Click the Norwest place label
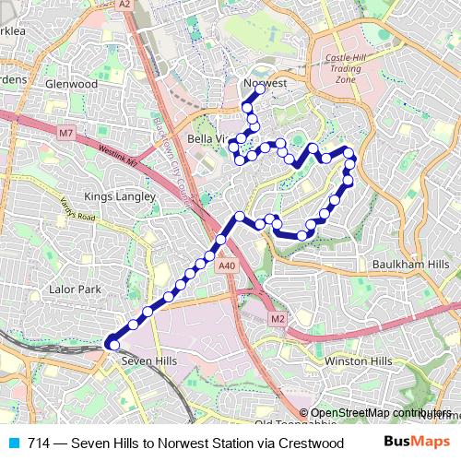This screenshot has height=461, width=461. [x=266, y=83]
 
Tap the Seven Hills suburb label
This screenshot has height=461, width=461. [x=148, y=361]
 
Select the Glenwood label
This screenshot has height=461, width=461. [x=71, y=84]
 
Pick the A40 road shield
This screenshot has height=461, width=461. [x=228, y=266]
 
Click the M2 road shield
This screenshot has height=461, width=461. [x=278, y=318]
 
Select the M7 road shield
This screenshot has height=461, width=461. [x=65, y=134]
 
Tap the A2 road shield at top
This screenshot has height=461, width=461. [x=124, y=5]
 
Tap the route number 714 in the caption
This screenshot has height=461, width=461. [x=39, y=443]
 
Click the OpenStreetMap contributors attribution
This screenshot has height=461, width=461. [x=381, y=413]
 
